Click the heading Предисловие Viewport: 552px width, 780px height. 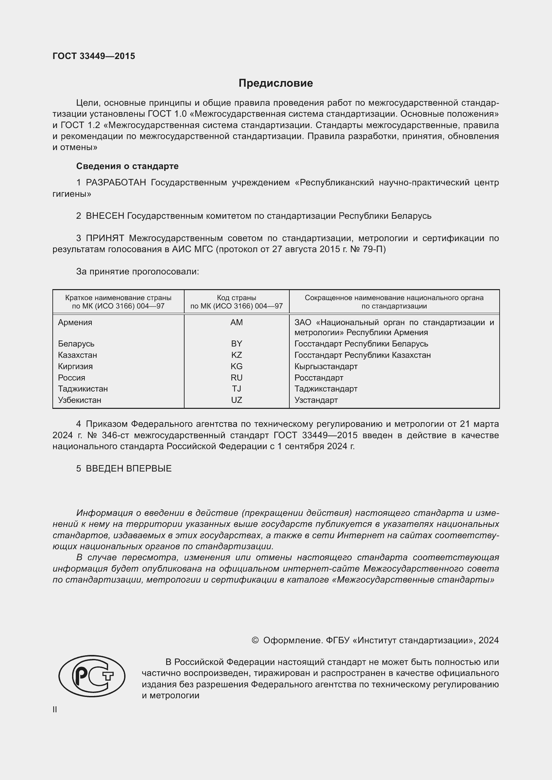click(x=275, y=83)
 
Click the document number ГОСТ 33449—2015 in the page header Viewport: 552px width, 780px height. click(x=94, y=56)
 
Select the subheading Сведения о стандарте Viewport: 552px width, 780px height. click(x=127, y=166)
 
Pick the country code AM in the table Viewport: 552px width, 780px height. click(x=236, y=322)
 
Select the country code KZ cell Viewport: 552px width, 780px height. click(x=236, y=355)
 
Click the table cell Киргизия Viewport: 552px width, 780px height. click(x=75, y=366)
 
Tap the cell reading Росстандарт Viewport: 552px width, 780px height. click(x=318, y=378)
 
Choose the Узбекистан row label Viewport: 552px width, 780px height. click(x=79, y=400)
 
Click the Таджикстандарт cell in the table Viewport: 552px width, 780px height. click(x=326, y=388)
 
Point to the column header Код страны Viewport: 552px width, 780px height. click(x=236, y=298)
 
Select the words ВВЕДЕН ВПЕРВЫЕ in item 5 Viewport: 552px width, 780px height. click(x=128, y=469)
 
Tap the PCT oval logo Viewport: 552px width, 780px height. click(x=92, y=676)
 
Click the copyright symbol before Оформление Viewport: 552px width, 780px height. click(x=255, y=640)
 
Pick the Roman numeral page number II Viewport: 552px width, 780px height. click(x=55, y=710)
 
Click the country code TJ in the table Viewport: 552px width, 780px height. click(x=236, y=388)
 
